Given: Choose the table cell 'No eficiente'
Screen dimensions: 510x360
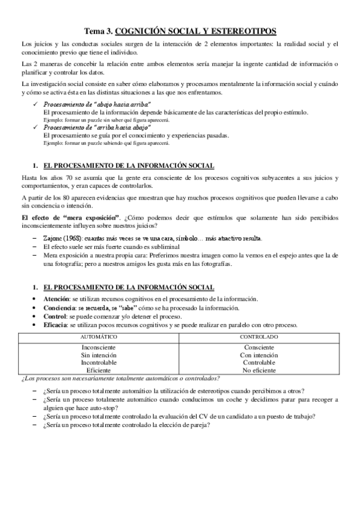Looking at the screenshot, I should [x=259, y=370].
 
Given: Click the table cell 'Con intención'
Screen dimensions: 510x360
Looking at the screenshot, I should [x=259, y=355].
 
